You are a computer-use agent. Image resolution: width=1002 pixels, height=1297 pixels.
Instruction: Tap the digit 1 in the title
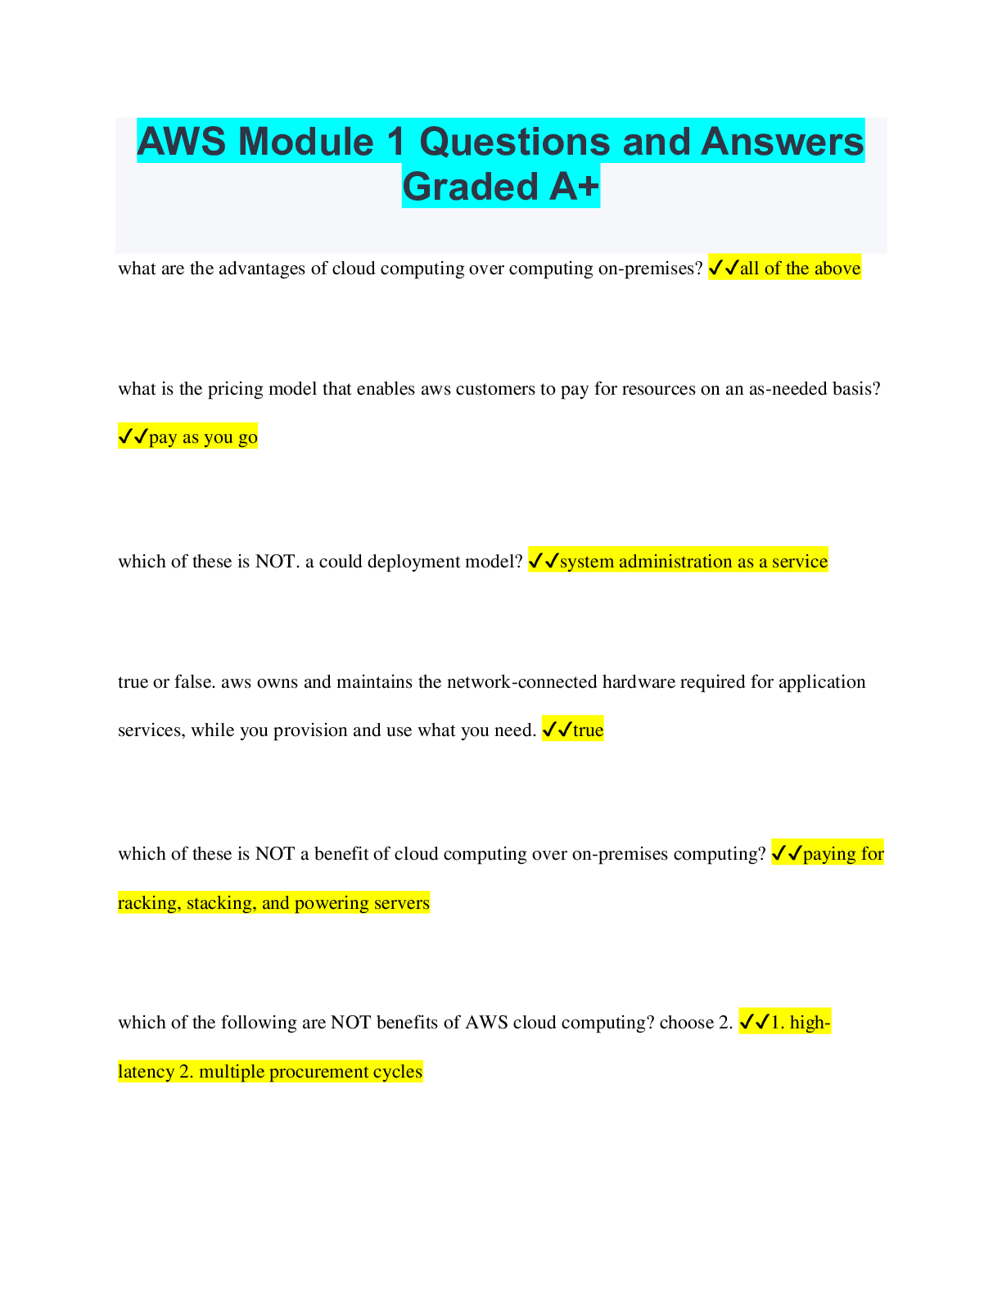395,142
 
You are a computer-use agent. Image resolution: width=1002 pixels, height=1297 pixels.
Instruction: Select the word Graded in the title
471,187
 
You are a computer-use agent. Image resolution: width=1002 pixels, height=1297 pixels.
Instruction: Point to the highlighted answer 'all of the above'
801,268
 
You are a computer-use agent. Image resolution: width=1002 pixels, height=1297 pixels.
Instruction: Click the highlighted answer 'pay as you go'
203,437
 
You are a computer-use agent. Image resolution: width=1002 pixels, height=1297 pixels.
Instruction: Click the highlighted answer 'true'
588,730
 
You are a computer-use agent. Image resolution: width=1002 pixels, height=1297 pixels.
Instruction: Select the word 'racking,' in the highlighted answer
150,902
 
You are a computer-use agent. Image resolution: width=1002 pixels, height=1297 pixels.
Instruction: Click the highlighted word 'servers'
402,902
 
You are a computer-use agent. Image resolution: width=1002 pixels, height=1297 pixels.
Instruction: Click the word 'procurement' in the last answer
319,1071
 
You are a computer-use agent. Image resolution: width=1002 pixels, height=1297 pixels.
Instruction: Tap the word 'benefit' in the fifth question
341,853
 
